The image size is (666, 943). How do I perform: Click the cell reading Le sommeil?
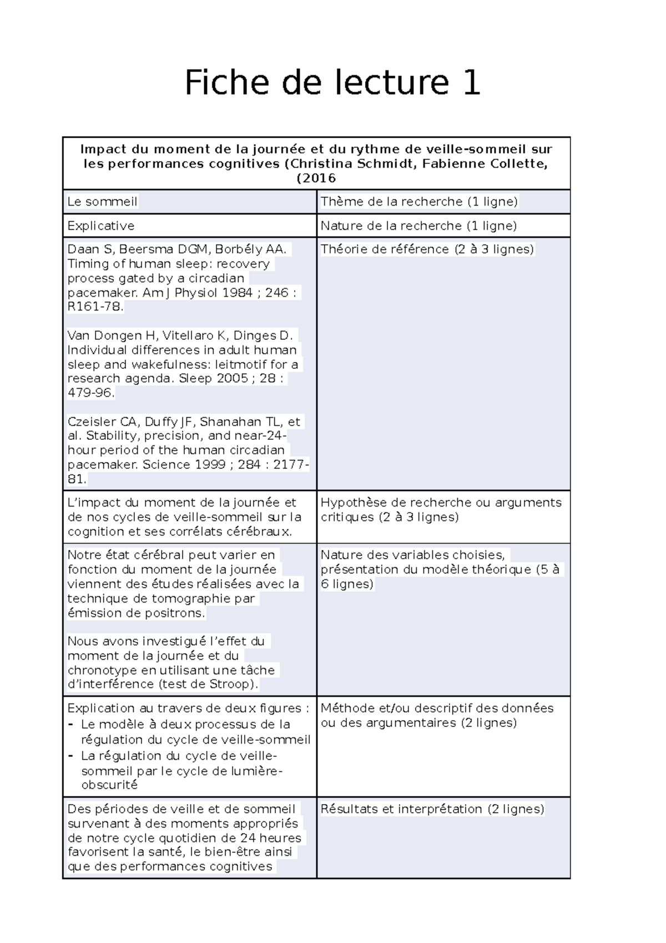coord(102,202)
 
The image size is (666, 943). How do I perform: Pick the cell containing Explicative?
coord(100,226)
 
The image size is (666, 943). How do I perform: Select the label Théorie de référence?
coord(385,249)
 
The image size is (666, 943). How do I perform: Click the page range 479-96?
coord(91,393)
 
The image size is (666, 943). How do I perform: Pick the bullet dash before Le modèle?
coord(70,725)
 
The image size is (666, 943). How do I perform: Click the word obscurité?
coord(109,785)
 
